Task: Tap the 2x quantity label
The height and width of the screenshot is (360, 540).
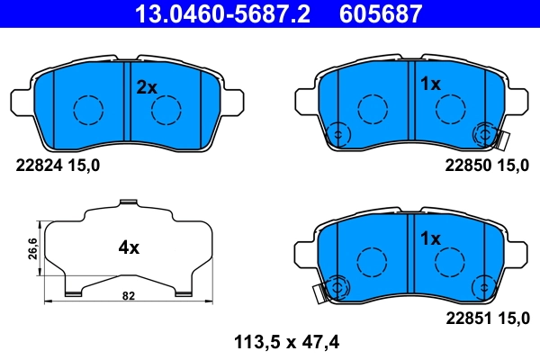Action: (x=146, y=87)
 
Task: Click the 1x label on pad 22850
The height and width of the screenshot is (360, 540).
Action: (x=430, y=84)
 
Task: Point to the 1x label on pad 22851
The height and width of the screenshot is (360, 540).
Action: (x=430, y=239)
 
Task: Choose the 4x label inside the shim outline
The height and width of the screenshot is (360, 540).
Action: (x=129, y=246)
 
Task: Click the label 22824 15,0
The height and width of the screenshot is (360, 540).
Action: (x=58, y=165)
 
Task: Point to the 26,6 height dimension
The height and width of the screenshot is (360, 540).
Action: (x=32, y=247)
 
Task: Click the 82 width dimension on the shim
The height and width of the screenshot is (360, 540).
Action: (x=129, y=295)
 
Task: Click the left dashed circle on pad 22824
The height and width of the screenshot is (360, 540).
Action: (x=87, y=110)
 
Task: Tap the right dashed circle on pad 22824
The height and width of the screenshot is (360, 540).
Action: (x=167, y=110)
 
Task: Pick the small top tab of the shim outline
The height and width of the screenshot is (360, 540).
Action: (x=129, y=202)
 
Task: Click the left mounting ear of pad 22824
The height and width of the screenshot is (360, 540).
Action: (x=22, y=101)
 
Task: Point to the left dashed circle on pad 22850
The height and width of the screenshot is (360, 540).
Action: (x=372, y=109)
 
